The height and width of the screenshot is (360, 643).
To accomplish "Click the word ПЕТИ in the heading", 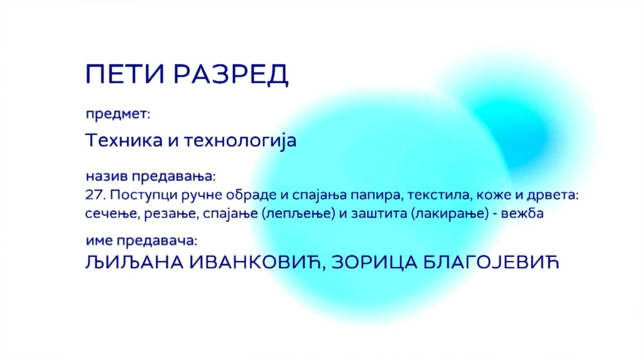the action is [125, 74].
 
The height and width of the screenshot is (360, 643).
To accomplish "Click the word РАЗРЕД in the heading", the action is [231, 75].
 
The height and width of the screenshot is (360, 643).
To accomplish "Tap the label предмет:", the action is [118, 114].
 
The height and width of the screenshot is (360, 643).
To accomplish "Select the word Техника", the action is [124, 141].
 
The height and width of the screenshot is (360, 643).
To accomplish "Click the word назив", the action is [107, 176].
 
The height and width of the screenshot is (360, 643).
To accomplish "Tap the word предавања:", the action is [174, 177].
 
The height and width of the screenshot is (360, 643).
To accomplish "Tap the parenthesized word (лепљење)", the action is [298, 214].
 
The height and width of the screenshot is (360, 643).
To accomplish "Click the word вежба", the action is [523, 214].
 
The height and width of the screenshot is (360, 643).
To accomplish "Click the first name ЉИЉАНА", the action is [134, 263].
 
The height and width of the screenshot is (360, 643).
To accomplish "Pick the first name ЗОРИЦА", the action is [375, 263].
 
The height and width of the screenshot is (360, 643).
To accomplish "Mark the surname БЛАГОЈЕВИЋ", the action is [491, 262].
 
